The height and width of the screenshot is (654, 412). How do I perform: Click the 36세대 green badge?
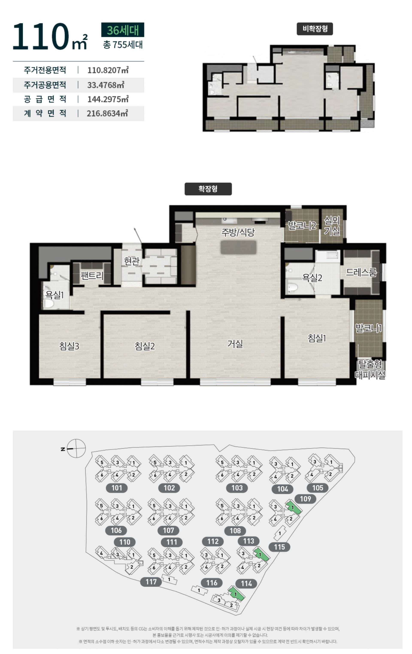click(123, 30)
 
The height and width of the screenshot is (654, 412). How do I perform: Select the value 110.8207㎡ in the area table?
click(108, 70)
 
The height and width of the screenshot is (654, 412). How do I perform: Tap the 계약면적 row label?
click(45, 113)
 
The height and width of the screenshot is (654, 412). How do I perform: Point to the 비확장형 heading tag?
click(315, 29)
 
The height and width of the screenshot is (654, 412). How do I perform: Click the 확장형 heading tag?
click(208, 189)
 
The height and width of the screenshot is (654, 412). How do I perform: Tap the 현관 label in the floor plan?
click(132, 261)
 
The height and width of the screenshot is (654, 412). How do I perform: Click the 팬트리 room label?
click(92, 276)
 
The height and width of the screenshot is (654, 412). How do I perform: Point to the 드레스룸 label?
click(361, 272)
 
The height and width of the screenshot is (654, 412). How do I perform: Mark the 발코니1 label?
click(368, 328)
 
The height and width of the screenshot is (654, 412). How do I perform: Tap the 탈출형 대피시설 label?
click(370, 369)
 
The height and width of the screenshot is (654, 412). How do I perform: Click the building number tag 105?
click(317, 488)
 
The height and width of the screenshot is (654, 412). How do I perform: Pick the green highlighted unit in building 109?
click(293, 507)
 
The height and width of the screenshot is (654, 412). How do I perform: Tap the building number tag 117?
click(151, 582)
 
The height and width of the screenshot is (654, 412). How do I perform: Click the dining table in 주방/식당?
click(238, 247)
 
